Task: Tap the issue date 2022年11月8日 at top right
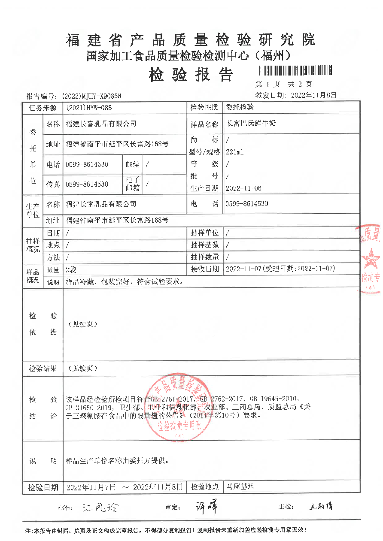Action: click(313, 95)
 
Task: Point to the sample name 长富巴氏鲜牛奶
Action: click(251, 124)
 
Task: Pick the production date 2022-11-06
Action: click(243, 188)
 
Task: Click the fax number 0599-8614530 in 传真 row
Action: click(87, 184)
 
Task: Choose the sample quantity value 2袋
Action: click(71, 269)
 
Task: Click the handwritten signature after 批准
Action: click(100, 508)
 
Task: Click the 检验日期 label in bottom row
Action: click(43, 487)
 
